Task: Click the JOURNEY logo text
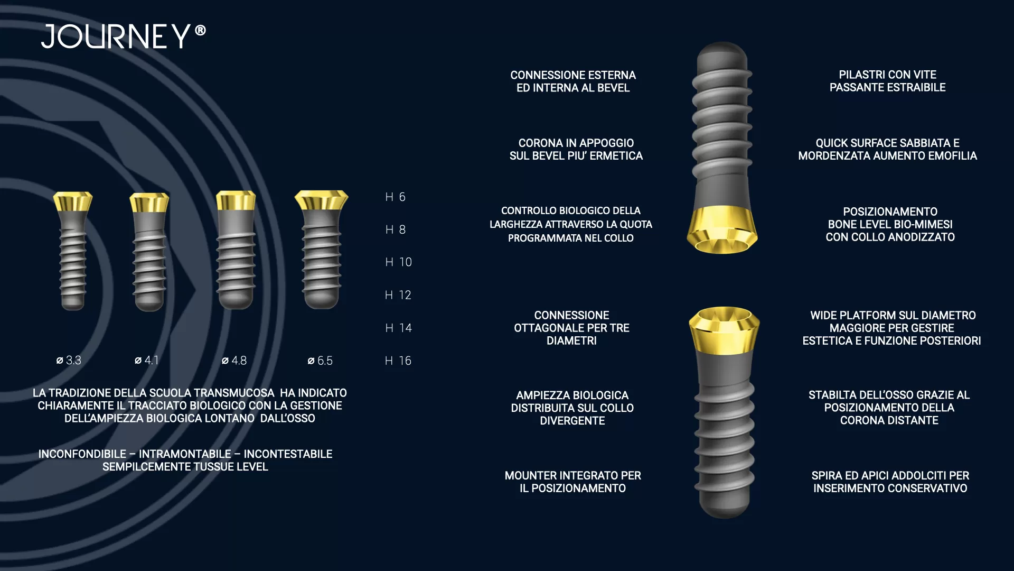pos(116,36)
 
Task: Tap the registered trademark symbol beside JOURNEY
pos(200,31)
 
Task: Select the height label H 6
pos(395,197)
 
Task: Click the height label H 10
pos(398,262)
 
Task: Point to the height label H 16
pos(398,361)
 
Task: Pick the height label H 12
pos(398,295)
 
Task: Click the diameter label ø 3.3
pos(69,361)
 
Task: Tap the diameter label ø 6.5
pos(320,361)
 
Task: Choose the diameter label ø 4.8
pos(234,361)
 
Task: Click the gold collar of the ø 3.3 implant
pos(73,201)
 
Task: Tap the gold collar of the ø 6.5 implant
pos(321,200)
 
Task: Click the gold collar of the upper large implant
pos(722,230)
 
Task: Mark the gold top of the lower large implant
pos(724,330)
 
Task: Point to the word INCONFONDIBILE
pos(82,454)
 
